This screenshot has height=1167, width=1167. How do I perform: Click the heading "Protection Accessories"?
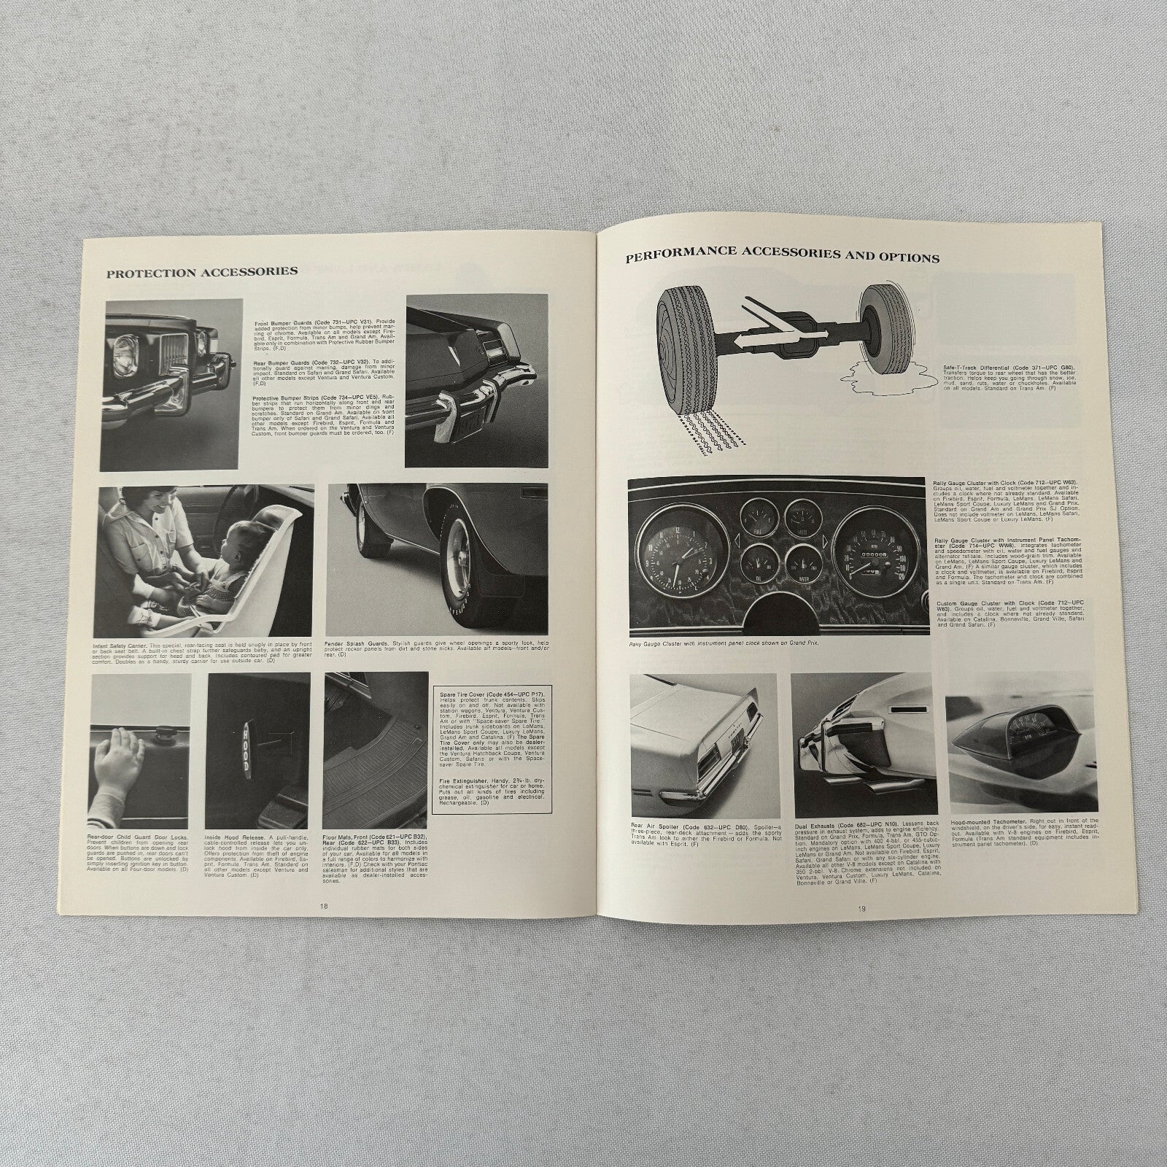coord(202,271)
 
